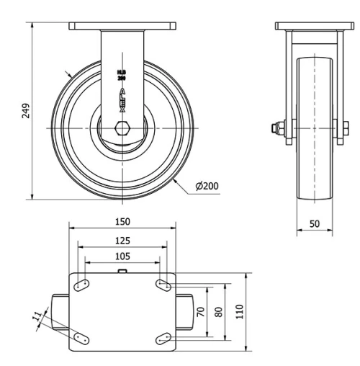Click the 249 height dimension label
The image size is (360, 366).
coord(26,110)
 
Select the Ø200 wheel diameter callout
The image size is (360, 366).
coord(207,187)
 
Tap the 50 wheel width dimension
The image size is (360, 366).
coord(315,223)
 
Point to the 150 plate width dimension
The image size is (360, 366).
coord(122,220)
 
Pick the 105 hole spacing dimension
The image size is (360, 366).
coord(122,257)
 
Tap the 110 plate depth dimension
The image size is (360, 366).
coord(240,312)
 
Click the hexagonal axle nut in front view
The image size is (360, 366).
coord(122,133)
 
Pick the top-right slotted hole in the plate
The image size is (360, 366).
coord(163,286)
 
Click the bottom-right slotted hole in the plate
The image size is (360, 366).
coord(163,337)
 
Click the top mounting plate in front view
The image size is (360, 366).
coord(122,26)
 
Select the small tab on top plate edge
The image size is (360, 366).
coord(122,272)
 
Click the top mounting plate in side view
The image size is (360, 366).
coord(315,26)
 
